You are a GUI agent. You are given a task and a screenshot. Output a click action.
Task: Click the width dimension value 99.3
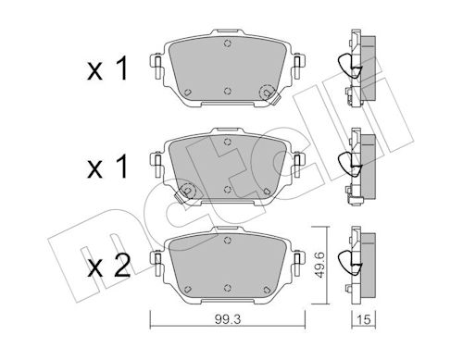(228, 319)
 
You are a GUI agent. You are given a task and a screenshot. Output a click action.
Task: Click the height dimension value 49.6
(320, 265)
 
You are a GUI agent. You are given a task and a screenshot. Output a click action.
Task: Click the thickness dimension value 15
(364, 319)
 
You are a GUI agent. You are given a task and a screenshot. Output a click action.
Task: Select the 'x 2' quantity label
(108, 266)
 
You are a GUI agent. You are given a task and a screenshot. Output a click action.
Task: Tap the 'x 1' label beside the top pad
(107, 69)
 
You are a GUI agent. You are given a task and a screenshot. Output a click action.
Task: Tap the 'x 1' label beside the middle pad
(107, 167)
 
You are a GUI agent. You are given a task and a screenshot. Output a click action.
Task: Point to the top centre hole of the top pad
(228, 43)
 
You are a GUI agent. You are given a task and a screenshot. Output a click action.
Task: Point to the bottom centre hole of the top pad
(228, 91)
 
